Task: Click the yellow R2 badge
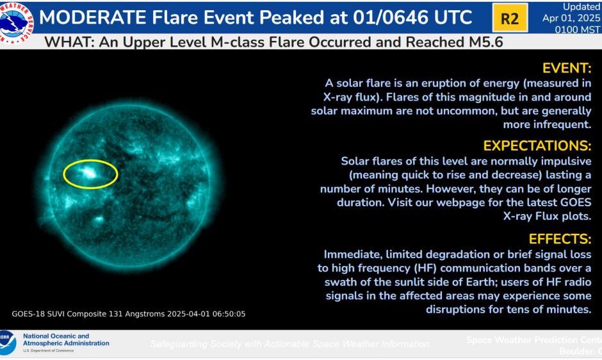tap(509, 18)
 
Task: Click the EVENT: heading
tap(567, 69)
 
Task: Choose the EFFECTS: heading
tap(560, 239)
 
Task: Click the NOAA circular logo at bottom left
tap(6, 343)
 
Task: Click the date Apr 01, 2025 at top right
tap(572, 17)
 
